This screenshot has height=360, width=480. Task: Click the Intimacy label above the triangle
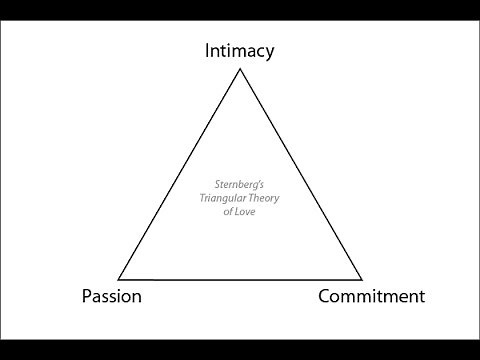pos(240,49)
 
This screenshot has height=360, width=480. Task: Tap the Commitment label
pos(371,296)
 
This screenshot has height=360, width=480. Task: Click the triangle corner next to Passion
pos(119,278)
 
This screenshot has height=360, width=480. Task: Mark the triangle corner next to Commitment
pos(362,278)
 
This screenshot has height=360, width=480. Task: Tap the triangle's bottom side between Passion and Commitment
pos(240,278)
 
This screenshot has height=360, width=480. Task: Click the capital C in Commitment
pos(325,296)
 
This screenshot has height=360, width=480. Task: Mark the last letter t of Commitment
pos(422,296)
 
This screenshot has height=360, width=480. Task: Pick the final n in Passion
pos(136,297)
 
